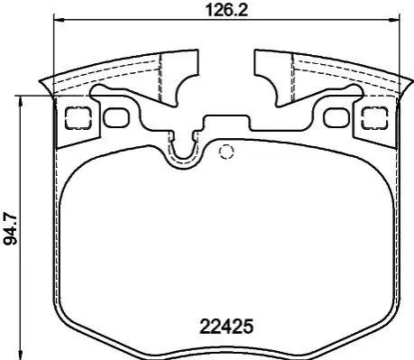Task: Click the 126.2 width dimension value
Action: pos(226,10)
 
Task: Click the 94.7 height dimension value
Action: pos(10,227)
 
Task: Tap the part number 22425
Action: pos(226,327)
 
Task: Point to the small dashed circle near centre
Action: pos(226,152)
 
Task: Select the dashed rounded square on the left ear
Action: pos(78,118)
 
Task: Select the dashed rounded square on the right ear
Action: pos(374,118)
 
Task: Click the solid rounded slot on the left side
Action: pos(116,116)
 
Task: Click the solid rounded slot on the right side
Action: pos(337,117)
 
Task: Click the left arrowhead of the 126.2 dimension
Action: pos(58,20)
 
